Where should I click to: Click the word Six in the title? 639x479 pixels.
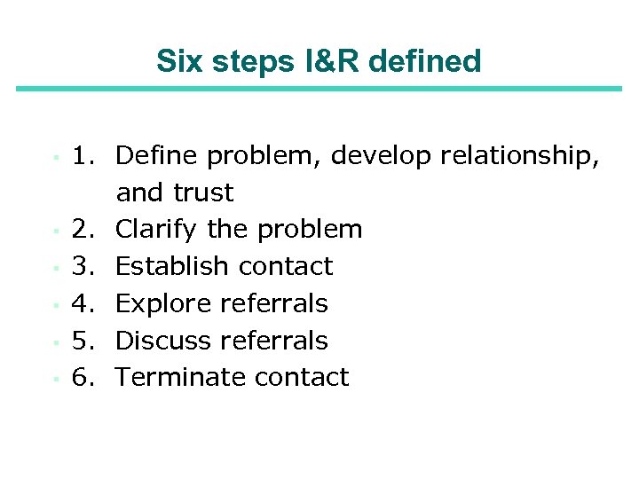[177, 61]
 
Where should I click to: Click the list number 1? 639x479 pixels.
[84, 156]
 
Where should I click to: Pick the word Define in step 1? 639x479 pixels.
[157, 156]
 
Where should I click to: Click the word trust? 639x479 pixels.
[203, 192]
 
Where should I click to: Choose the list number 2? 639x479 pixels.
[84, 230]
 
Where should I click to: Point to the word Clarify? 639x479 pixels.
[157, 230]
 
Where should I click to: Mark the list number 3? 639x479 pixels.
[84, 266]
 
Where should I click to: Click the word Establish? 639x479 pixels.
[168, 266]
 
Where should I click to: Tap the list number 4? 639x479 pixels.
[84, 303]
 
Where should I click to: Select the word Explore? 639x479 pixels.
[163, 303]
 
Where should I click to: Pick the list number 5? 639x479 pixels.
[84, 341]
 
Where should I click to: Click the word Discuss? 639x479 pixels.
[163, 341]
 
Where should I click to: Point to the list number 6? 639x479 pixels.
[84, 377]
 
